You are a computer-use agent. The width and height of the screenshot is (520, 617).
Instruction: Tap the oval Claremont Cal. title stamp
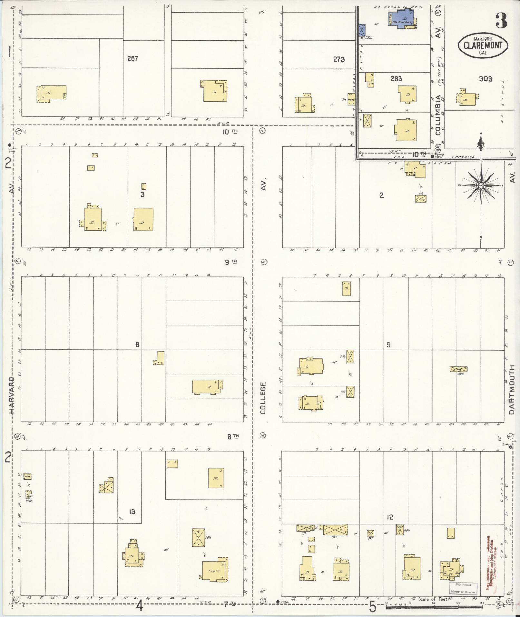(x=483, y=45)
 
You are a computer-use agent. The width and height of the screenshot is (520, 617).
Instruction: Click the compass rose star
(x=481, y=185)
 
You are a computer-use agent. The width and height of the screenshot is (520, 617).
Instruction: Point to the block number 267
(x=132, y=58)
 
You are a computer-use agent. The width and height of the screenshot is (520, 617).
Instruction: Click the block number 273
(x=339, y=59)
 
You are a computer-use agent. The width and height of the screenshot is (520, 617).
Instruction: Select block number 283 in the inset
(x=396, y=79)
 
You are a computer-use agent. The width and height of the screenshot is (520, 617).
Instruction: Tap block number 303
(x=486, y=79)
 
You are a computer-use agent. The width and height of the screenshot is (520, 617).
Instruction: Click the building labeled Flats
(x=214, y=571)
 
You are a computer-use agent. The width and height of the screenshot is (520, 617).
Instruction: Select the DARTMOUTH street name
(x=512, y=390)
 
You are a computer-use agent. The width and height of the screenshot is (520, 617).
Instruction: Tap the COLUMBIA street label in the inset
(x=437, y=115)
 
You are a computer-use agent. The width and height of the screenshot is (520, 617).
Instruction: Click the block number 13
(x=132, y=512)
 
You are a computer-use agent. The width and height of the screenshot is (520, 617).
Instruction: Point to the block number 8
(x=137, y=345)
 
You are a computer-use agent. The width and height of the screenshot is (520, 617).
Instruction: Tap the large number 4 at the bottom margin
(x=139, y=606)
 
